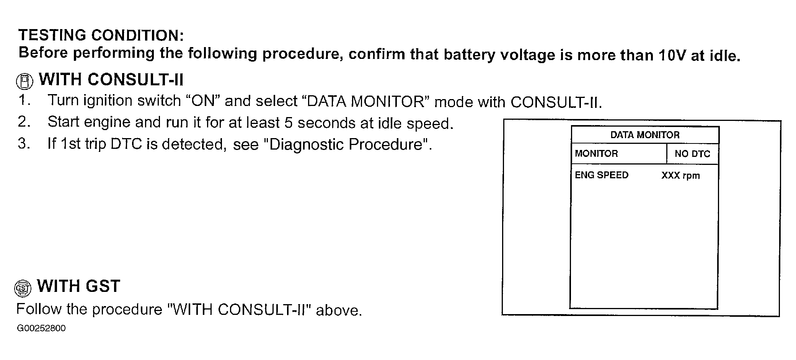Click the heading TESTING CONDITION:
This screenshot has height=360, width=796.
[101, 35]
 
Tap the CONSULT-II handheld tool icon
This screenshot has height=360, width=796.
[24, 81]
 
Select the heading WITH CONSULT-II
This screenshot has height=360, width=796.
[111, 80]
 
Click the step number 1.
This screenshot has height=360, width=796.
[24, 100]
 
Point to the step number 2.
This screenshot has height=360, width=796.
[24, 122]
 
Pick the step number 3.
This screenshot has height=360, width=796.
[24, 144]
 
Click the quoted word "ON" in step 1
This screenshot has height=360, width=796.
[202, 101]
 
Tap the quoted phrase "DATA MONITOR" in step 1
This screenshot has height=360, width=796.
[366, 102]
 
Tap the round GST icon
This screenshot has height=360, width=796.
[23, 288]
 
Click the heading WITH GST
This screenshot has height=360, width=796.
[78, 286]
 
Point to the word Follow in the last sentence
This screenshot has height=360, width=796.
[39, 309]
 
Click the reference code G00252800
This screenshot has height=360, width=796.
[41, 329]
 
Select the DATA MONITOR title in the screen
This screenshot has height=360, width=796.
[645, 135]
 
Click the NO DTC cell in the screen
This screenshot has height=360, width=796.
[692, 154]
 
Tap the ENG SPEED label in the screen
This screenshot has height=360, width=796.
[602, 175]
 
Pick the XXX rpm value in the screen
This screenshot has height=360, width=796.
[680, 176]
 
